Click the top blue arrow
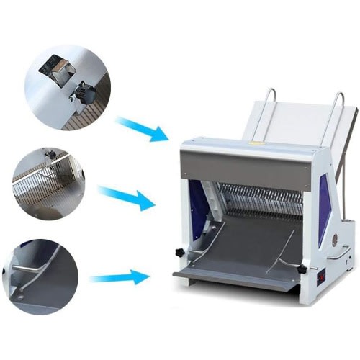pyautogui.click(x=143, y=130)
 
